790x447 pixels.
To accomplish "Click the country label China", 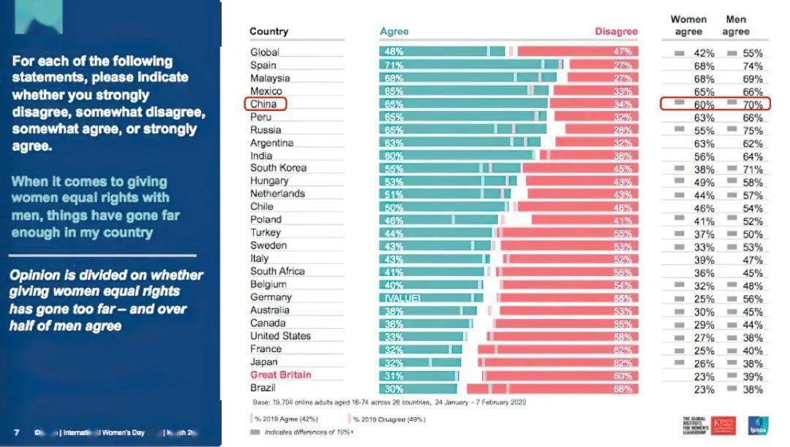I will click(x=263, y=104).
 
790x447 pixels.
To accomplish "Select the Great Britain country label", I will click(x=280, y=375).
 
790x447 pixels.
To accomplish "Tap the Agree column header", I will click(x=394, y=31).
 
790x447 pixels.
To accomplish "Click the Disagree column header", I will click(x=616, y=31).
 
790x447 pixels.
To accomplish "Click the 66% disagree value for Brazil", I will click(x=622, y=389).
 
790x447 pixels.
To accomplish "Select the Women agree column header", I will click(x=688, y=26).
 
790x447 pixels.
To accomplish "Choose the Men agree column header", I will click(x=736, y=26).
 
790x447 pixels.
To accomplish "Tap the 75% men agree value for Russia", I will click(x=752, y=131).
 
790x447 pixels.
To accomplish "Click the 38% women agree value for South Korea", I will click(x=704, y=169).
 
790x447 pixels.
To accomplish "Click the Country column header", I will click(x=268, y=31).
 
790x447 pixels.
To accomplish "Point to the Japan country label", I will click(x=264, y=362).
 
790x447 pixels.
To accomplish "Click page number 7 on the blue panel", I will click(x=16, y=431).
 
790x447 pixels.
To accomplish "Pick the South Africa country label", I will click(x=277, y=271).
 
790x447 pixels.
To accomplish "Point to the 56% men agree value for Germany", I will click(x=752, y=299).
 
